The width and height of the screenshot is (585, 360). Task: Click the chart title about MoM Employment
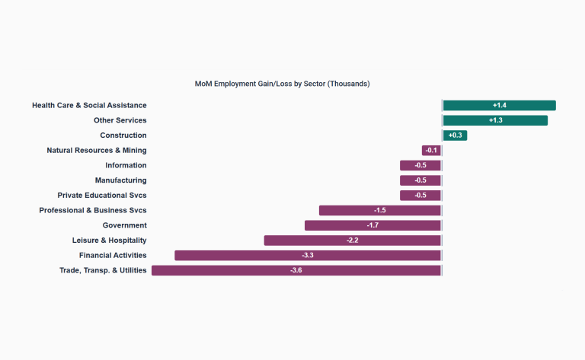[x=282, y=84]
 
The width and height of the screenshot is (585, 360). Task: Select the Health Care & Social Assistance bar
[x=499, y=106]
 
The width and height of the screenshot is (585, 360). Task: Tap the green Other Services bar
[x=495, y=120]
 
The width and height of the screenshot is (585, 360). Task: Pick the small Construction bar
[x=455, y=135]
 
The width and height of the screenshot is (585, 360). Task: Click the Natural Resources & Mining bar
[x=431, y=151]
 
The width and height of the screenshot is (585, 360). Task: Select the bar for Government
[x=372, y=225]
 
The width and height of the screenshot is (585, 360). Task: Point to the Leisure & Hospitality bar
[x=353, y=241]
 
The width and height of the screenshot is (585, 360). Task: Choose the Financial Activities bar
[x=308, y=255]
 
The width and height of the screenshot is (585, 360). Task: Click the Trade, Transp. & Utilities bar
[x=296, y=270]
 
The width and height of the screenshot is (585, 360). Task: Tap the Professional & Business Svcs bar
[x=380, y=210]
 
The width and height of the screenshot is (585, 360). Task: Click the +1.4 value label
[x=499, y=106]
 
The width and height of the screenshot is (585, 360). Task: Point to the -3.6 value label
[x=296, y=270]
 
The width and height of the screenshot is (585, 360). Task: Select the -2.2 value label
[x=353, y=241]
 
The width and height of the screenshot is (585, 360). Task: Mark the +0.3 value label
[x=456, y=135]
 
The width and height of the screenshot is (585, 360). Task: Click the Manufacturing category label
[x=121, y=180]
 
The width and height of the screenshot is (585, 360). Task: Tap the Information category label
[x=126, y=165]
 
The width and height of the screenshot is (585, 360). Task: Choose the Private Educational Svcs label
[x=102, y=196]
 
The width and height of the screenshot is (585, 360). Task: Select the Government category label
[x=125, y=225]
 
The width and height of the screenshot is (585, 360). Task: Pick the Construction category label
[x=123, y=135]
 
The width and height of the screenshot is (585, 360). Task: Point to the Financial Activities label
[x=113, y=255]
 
